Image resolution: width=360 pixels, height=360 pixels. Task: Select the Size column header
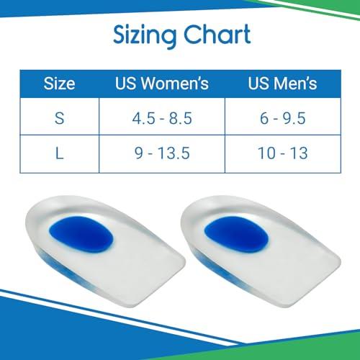60,84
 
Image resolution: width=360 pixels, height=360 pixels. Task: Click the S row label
60,118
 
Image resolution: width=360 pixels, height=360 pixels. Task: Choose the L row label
60,153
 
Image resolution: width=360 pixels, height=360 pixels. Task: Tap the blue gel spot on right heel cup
230,231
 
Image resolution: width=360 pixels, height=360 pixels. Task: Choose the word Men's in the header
297,84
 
